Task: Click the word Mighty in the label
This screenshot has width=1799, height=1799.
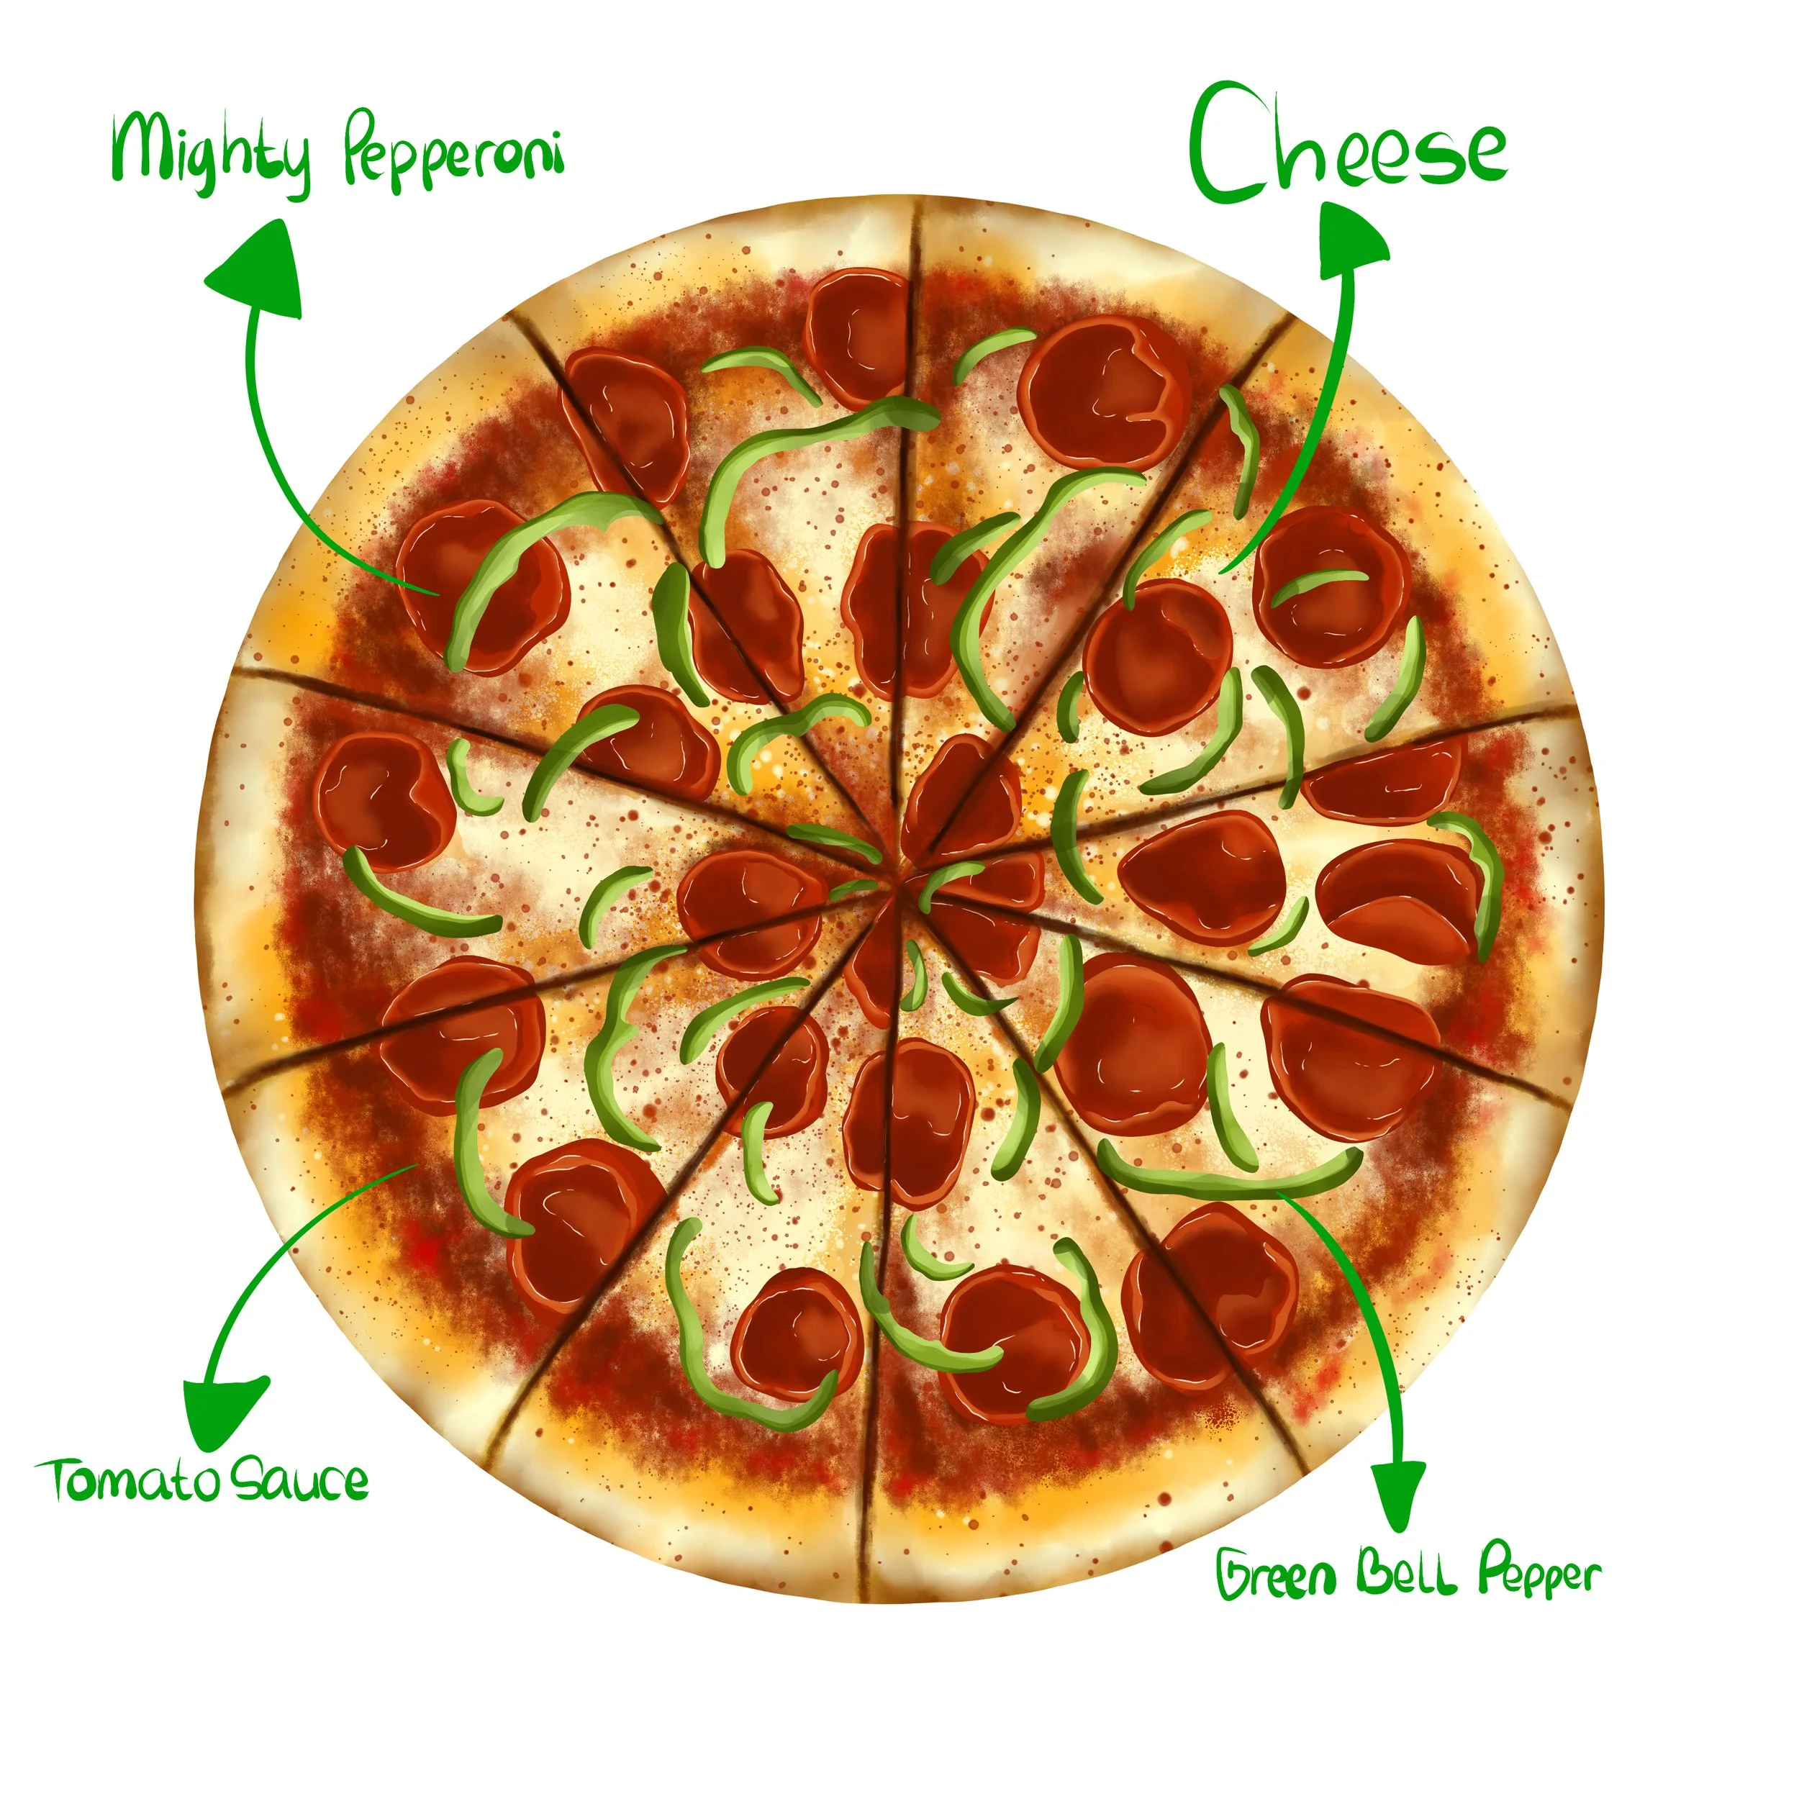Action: click(209, 151)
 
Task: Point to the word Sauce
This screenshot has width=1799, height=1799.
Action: click(298, 1480)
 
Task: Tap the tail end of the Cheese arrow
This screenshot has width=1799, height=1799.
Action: click(1223, 570)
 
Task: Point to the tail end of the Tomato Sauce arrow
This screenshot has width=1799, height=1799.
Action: click(412, 1166)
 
